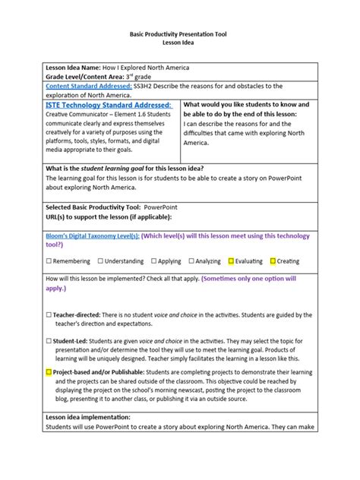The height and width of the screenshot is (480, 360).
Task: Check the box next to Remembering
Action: [49, 261]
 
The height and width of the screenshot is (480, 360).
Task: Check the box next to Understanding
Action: [99, 261]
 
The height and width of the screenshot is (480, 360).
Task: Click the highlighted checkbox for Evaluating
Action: [231, 261]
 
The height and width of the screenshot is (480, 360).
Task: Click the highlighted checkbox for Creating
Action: [273, 261]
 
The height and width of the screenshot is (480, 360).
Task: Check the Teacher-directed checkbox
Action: [49, 314]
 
